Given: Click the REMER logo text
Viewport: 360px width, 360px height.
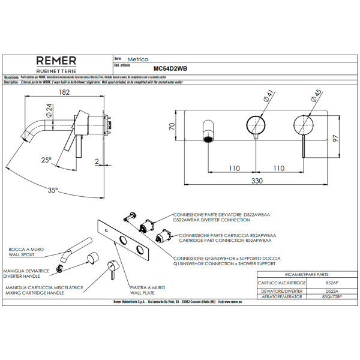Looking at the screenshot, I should pos(56,61).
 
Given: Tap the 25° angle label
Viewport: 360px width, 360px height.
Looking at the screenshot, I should pos(47,160).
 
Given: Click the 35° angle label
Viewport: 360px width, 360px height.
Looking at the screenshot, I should pos(53,190).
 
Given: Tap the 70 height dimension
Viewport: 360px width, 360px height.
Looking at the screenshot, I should pos(171,127).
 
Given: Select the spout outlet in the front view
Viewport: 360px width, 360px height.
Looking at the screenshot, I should pos(208,140).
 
